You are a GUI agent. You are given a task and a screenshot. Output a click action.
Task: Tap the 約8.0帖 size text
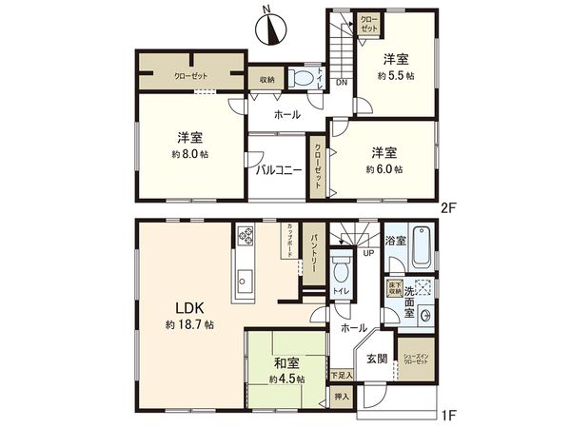click(192, 153)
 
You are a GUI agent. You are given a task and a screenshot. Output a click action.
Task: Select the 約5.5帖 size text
click(395, 77)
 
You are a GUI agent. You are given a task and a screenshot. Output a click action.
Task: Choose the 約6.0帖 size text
click(384, 168)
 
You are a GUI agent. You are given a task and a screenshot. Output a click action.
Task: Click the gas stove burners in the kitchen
click(246, 234)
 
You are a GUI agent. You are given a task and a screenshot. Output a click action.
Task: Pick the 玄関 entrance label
click(376, 360)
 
